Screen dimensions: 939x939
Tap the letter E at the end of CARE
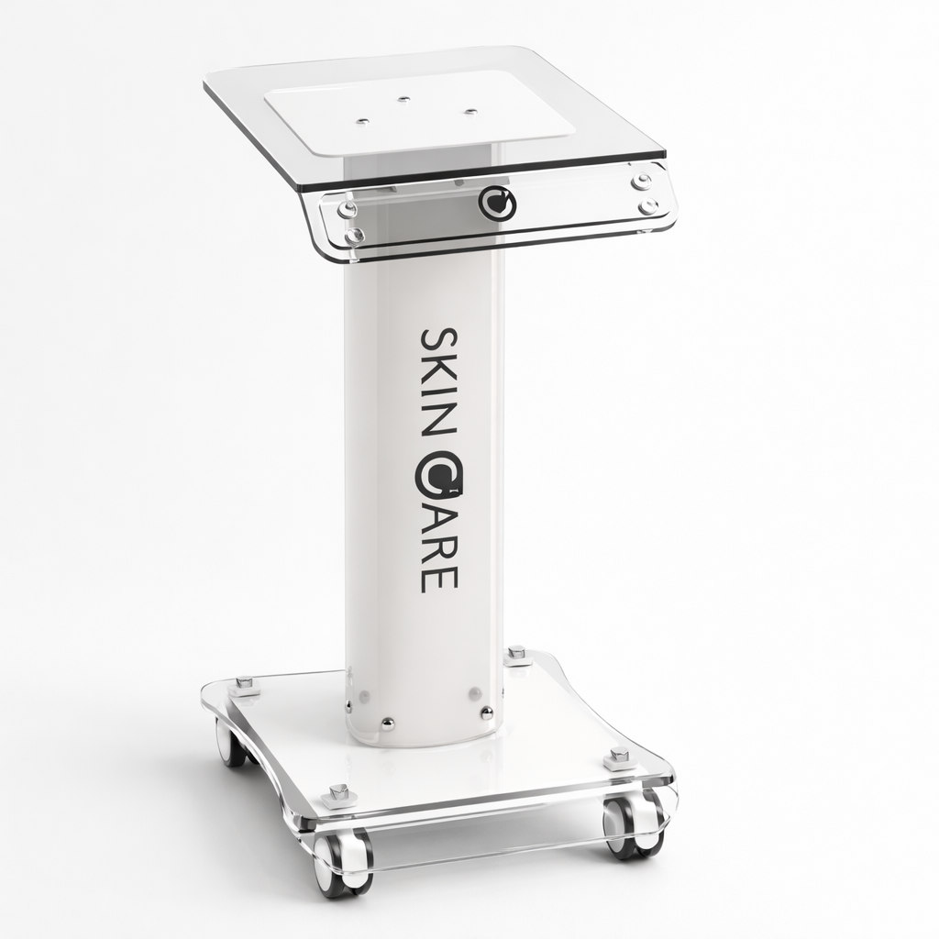click(438, 578)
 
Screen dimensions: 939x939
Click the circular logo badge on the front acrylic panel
click(497, 204)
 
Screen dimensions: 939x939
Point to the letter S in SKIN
click(437, 340)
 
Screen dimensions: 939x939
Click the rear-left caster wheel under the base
click(229, 743)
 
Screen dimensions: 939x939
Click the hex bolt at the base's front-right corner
click(619, 757)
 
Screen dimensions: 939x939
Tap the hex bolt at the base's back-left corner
click(245, 684)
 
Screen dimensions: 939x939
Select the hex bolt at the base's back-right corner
click(515, 653)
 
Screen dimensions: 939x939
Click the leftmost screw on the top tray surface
click(363, 121)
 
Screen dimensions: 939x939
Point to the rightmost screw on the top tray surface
click(470, 112)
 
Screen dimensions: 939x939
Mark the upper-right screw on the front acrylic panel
click(641, 182)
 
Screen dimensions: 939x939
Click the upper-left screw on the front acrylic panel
click(347, 210)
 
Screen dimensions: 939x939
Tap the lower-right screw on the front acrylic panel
click(649, 206)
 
